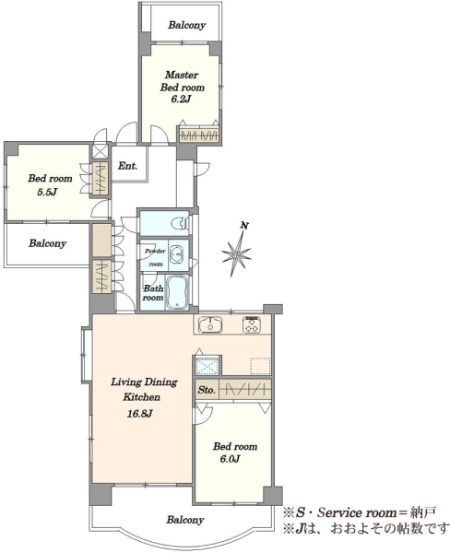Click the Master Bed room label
[x=182, y=81]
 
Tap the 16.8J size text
[x=140, y=413]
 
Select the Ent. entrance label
[x=127, y=166]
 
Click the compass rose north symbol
[x=237, y=250]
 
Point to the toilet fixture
[x=181, y=223]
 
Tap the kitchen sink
[x=210, y=324]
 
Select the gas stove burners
[x=252, y=324]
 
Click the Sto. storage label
[x=207, y=390]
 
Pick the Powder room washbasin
[x=178, y=253]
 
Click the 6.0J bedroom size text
[x=230, y=459]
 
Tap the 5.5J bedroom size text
[x=47, y=192]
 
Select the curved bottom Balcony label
[x=185, y=520]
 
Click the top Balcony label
[x=186, y=25]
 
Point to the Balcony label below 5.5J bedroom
[x=47, y=243]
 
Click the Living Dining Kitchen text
[x=144, y=389]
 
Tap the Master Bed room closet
[x=199, y=135]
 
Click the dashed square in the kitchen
[x=260, y=366]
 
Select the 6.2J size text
[x=181, y=100]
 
